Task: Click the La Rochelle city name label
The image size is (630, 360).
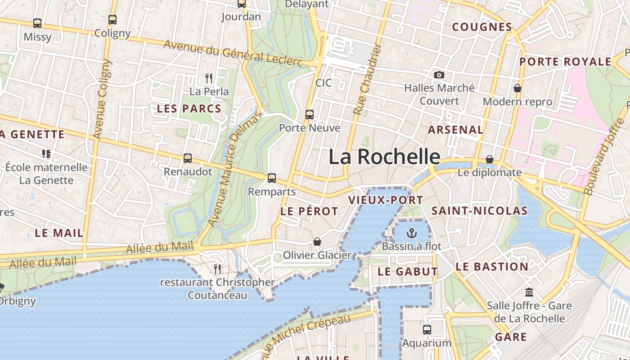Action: [384, 157]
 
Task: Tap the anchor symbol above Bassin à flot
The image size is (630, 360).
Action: [411, 233]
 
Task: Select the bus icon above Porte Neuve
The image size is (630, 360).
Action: [310, 115]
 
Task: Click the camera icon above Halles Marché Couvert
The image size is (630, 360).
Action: [439, 75]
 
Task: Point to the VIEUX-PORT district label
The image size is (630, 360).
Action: [386, 200]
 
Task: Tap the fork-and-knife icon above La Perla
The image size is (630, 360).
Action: [209, 79]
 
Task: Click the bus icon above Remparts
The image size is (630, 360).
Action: [272, 178]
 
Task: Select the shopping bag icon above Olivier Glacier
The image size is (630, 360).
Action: [317, 242]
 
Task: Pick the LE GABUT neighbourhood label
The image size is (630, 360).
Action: [408, 271]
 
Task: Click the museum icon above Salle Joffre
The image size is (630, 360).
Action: [529, 292]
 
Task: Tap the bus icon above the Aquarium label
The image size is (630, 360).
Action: [427, 330]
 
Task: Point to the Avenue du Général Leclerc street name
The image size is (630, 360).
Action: [233, 53]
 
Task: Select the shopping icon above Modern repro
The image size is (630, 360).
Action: [517, 88]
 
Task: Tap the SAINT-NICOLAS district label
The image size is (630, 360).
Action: [480, 211]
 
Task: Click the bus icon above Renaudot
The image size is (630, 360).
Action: [188, 158]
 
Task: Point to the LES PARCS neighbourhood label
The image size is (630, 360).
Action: [189, 108]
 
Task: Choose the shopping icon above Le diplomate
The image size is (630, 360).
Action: [490, 159]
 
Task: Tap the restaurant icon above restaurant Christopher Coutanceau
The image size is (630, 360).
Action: [218, 269]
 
